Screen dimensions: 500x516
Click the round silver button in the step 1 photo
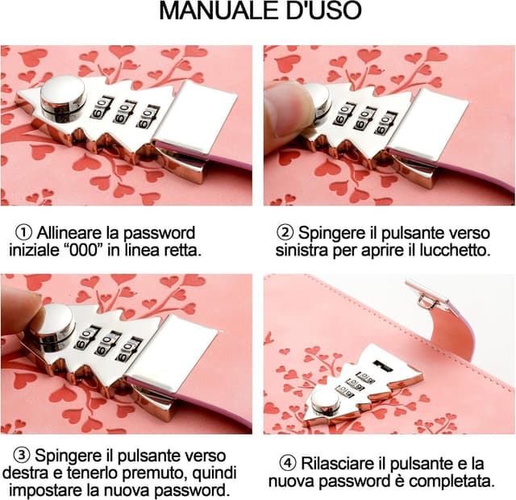point(64,97)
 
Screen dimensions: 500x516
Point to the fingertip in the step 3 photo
point(20,310)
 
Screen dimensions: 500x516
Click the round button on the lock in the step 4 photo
point(325,400)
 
